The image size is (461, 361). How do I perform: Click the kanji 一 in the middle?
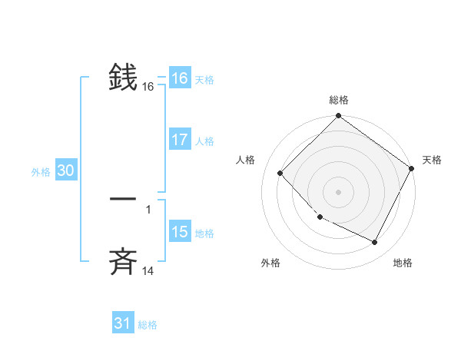tap(123, 200)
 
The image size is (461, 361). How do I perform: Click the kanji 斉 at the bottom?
tap(123, 263)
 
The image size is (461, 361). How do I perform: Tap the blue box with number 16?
tap(180, 78)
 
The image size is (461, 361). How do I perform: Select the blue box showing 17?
tap(180, 141)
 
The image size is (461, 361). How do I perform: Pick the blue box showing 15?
tap(180, 232)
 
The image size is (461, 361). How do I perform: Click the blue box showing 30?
tap(65, 171)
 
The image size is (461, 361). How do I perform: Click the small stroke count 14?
tap(148, 271)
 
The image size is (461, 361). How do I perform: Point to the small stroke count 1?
tap(148, 209)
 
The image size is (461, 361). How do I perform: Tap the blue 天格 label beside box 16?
tap(204, 80)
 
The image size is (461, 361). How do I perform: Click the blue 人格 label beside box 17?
tap(204, 141)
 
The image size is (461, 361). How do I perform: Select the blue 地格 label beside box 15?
tap(204, 233)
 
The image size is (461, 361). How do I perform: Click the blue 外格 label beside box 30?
tap(41, 173)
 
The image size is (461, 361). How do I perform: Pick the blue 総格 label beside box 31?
tap(148, 326)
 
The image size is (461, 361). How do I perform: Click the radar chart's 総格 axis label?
tap(338, 100)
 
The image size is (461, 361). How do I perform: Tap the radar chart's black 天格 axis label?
tap(432, 160)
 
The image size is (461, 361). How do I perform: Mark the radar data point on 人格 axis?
tap(280, 173)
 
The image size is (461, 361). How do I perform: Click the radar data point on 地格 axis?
tap(375, 243)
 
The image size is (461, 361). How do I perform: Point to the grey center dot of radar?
tap(338, 191)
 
